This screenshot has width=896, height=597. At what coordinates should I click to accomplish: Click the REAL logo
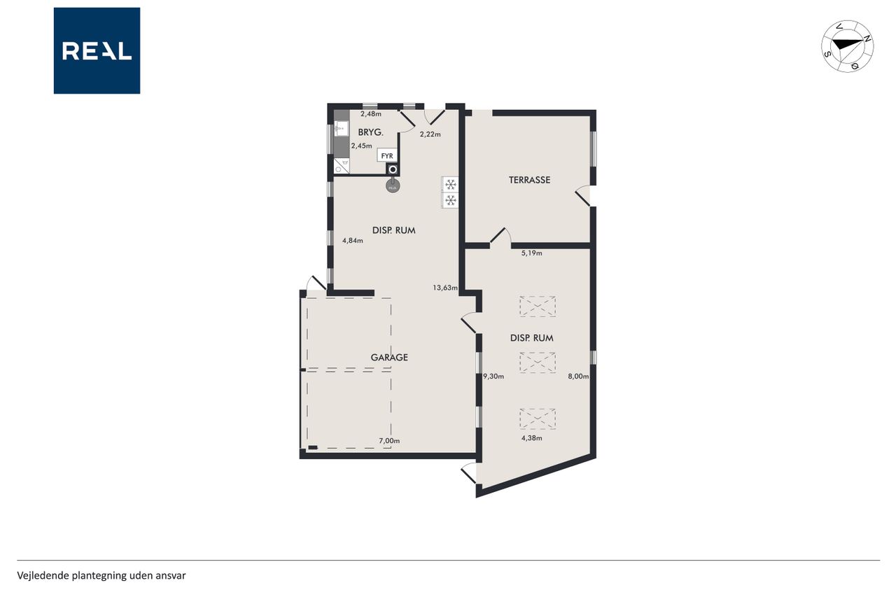(97, 51)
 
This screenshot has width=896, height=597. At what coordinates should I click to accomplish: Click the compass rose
(847, 46)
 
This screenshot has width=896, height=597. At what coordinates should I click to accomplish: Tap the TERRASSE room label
(529, 180)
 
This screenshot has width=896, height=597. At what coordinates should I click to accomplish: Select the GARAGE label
(389, 357)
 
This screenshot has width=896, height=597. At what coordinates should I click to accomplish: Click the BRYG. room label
(370, 132)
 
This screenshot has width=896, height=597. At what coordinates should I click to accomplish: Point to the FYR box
(387, 155)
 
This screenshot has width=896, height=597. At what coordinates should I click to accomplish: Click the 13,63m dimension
(445, 288)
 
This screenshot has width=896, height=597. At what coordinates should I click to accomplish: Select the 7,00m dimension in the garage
(389, 441)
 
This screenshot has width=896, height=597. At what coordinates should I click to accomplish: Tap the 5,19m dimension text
(531, 253)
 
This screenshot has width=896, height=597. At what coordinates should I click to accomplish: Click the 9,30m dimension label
(493, 376)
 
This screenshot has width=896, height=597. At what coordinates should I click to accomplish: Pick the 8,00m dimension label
(578, 376)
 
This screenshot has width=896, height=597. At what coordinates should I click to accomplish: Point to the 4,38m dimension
(531, 438)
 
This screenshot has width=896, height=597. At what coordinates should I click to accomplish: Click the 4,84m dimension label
(352, 240)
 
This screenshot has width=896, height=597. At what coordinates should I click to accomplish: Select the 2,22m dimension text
(430, 134)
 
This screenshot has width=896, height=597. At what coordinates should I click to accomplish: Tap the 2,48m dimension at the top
(371, 113)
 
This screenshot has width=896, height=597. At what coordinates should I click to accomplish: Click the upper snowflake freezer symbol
(451, 184)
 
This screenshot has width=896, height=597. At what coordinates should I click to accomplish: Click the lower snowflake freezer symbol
(451, 200)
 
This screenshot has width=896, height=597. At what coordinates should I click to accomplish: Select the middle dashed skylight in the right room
(538, 363)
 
